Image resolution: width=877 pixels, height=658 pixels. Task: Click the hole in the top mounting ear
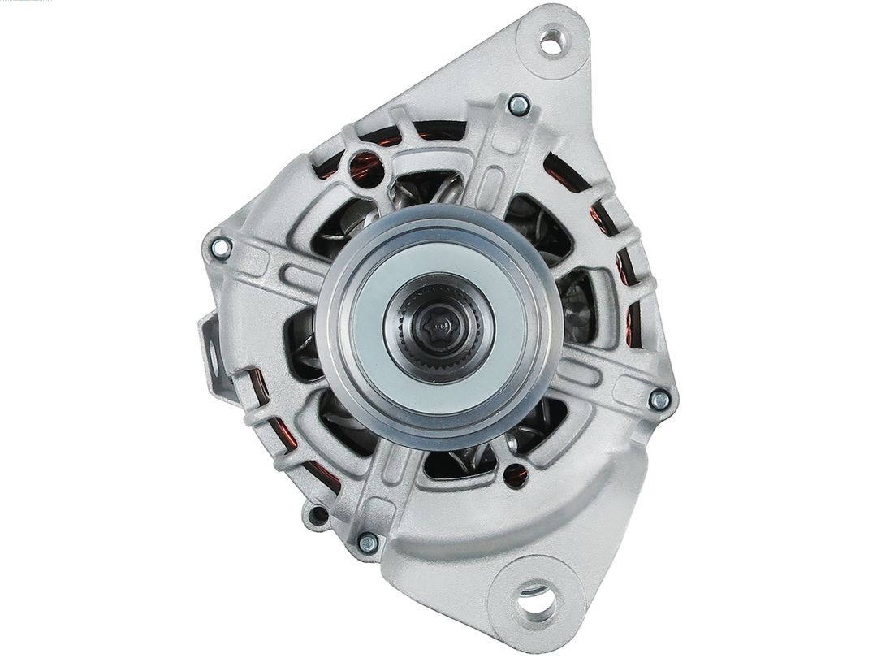tap(551, 41)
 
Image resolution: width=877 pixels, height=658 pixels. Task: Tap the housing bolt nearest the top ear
tap(519, 105)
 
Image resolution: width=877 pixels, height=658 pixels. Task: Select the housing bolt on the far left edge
tap(220, 247)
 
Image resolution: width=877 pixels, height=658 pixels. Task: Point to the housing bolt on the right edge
tap(660, 400)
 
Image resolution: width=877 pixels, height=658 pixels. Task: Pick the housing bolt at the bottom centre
tap(368, 543)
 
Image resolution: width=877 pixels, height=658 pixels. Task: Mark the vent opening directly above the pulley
tap(422, 192)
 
